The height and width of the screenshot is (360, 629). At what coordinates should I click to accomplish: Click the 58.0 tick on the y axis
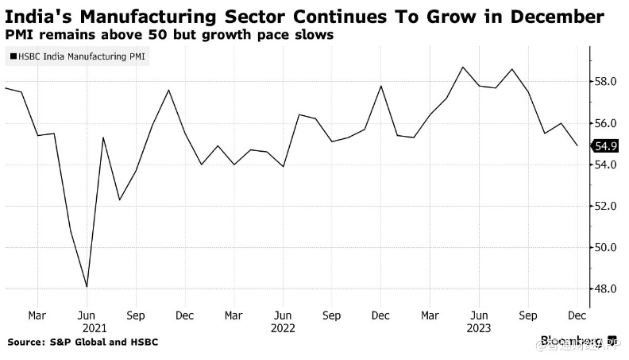[606, 82]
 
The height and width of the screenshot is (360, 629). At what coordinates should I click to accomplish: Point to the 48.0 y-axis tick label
[606, 289]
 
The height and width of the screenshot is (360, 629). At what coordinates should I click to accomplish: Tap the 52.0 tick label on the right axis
[606, 207]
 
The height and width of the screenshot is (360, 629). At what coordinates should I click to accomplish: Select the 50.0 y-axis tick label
[606, 248]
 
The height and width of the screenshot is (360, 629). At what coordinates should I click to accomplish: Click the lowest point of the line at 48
[86, 287]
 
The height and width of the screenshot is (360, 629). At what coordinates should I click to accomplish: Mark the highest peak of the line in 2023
[463, 67]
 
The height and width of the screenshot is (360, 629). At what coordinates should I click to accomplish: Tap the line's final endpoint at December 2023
[577, 145]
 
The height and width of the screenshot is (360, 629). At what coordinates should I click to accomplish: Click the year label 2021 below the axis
[95, 327]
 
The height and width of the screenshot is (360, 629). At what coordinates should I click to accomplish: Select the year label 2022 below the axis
[283, 327]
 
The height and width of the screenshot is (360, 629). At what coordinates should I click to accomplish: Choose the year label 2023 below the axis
[478, 327]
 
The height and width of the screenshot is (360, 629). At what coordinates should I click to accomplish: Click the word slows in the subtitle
[313, 37]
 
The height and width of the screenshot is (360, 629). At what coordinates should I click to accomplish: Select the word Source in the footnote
[27, 343]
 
